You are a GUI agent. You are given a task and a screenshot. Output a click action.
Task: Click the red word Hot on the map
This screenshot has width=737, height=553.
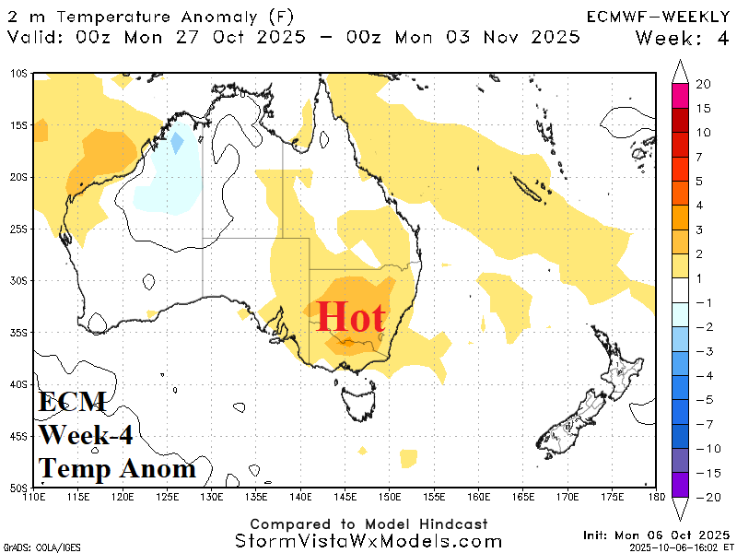click(x=350, y=318)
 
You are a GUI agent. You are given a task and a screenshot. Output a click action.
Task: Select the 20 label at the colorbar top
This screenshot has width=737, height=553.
click(x=703, y=84)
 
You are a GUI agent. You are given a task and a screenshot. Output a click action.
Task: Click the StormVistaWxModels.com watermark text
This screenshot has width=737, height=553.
click(x=368, y=540)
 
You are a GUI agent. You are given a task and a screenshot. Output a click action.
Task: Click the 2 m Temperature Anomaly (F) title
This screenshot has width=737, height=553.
click(x=149, y=17)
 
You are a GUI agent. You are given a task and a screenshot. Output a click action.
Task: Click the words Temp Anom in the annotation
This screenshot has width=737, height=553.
click(x=117, y=468)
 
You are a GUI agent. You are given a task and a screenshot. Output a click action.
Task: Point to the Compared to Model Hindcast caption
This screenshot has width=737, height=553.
click(x=368, y=524)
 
